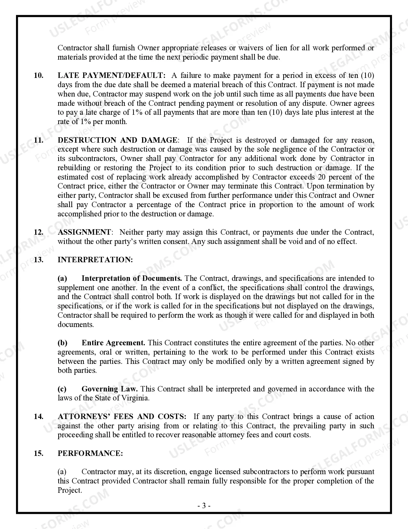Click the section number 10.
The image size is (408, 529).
[x=39, y=76]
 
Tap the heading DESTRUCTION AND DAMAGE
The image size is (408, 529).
[x=117, y=140]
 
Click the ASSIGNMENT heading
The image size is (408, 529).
[x=84, y=232]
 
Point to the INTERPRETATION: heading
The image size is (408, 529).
[x=95, y=260]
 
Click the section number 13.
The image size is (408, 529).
[x=39, y=260]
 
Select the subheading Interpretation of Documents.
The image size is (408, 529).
[x=132, y=279]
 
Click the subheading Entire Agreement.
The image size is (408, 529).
[x=113, y=343]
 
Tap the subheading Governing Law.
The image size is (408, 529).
[x=109, y=389]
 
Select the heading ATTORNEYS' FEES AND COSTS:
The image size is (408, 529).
[x=122, y=417]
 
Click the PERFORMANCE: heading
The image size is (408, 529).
[x=90, y=454]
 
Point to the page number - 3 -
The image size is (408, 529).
[x=204, y=506]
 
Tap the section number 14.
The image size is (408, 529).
[x=39, y=417]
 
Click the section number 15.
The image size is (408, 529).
[x=39, y=454]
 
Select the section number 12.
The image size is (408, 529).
[x=39, y=232]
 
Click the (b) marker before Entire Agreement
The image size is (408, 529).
[x=62, y=343]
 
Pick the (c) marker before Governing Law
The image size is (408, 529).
[x=62, y=389]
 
